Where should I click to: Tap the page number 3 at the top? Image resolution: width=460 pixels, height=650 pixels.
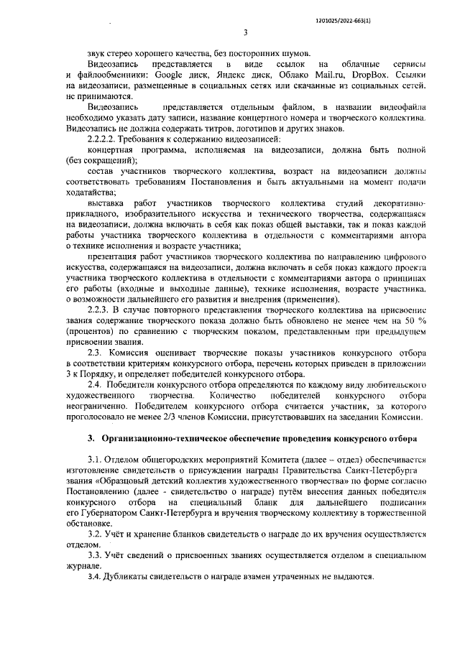[245, 32]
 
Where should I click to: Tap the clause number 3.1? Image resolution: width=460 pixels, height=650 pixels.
[96, 460]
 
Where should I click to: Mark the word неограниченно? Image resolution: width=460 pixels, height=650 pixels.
[98, 405]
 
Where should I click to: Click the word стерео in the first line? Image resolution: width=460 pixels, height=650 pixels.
[125, 53]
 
